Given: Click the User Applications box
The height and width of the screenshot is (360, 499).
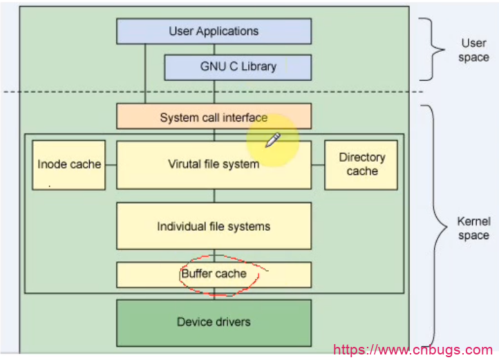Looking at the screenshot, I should click(214, 31).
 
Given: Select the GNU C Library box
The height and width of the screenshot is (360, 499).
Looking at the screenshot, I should click(238, 67).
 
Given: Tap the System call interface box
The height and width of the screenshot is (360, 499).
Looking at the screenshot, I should click(214, 117).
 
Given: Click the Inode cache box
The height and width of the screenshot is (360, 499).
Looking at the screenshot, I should click(69, 164).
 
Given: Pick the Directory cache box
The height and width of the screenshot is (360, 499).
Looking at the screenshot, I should click(361, 164).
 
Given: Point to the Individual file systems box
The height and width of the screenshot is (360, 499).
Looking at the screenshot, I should click(214, 226).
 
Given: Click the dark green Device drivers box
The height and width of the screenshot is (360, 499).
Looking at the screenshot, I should click(214, 322).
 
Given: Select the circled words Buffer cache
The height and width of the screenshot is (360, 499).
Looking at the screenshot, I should click(214, 274).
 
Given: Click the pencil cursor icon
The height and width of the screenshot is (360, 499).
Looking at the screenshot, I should click(272, 140).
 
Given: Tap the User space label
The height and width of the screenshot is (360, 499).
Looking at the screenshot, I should click(473, 50).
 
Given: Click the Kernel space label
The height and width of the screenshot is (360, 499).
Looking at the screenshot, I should click(473, 229).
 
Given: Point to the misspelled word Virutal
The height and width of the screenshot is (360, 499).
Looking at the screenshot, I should click(185, 164).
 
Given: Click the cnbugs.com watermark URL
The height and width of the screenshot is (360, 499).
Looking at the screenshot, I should click(413, 350).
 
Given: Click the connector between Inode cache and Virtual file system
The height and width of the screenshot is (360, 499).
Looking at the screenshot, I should click(111, 164).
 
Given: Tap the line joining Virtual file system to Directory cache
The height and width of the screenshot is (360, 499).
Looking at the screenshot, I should click(318, 164).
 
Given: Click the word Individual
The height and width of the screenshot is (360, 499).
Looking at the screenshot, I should click(179, 226).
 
